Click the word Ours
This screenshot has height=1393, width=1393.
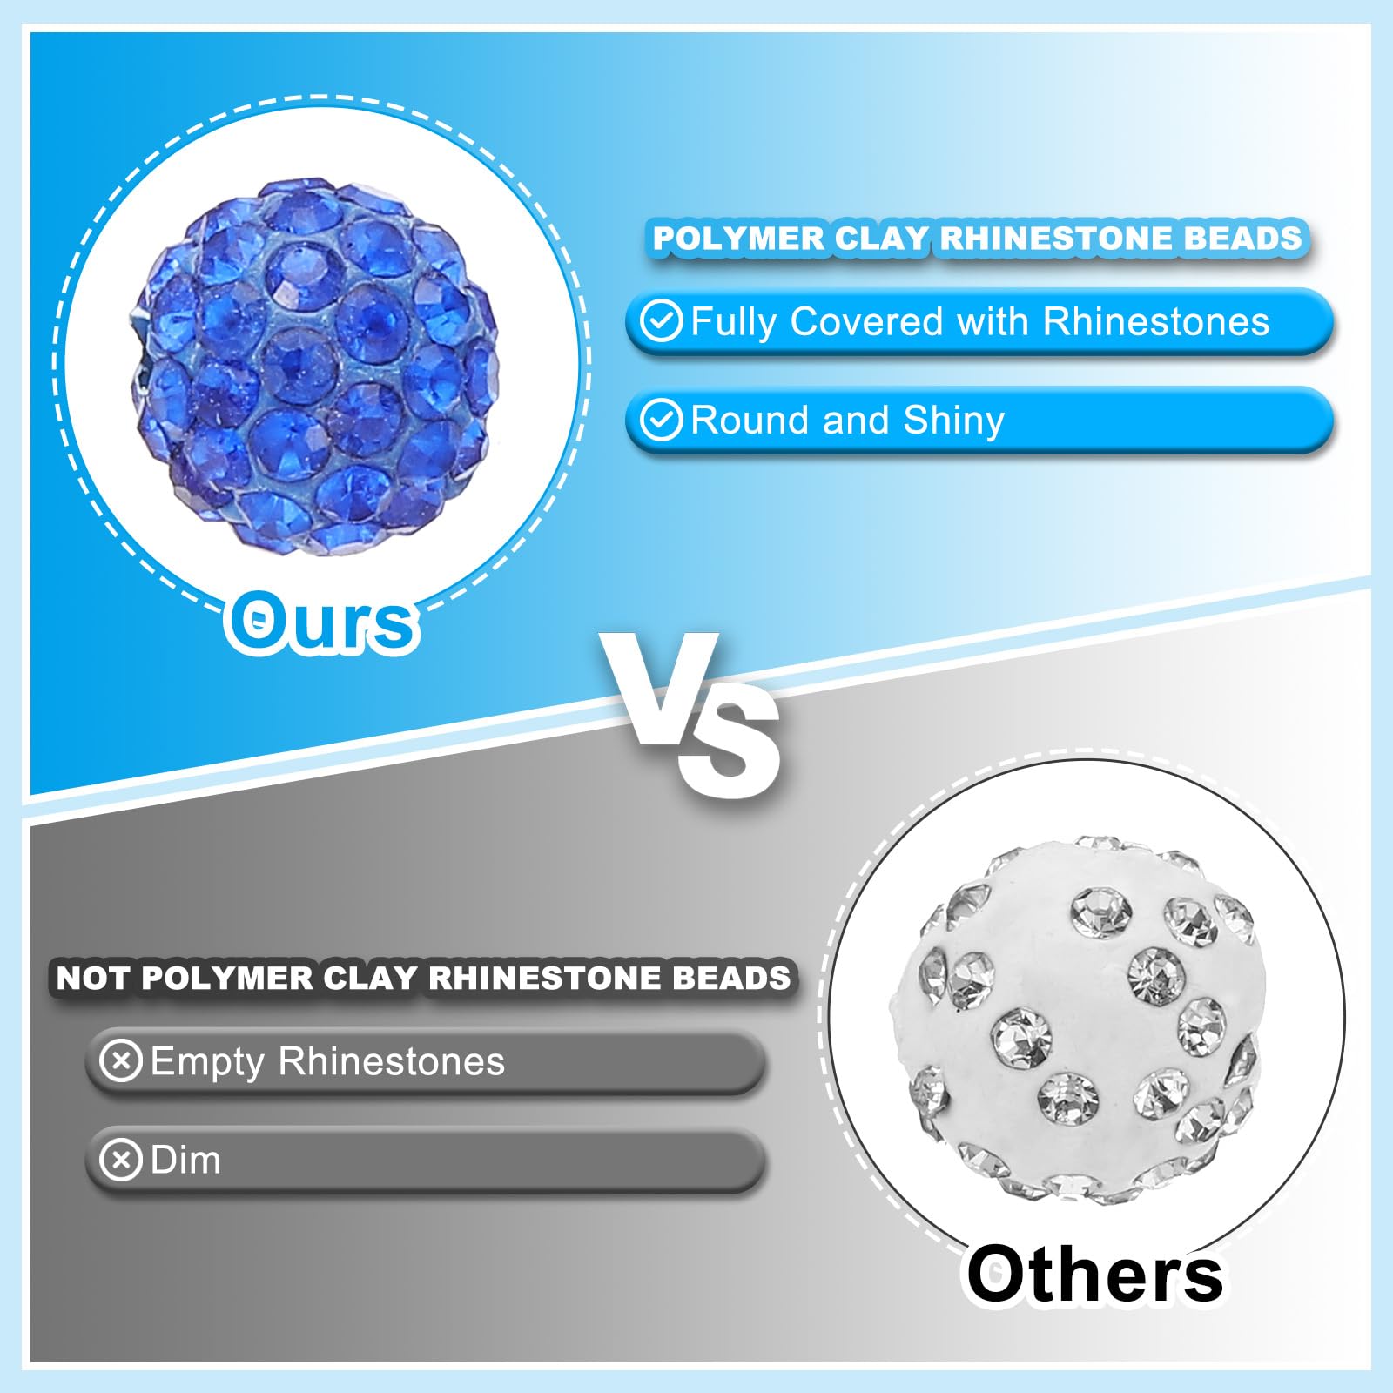click(321, 621)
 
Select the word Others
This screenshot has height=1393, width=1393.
click(1095, 1274)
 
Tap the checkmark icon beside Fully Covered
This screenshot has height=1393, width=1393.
click(661, 321)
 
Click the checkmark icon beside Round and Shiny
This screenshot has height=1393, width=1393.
click(661, 421)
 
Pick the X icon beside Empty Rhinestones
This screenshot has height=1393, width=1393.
click(121, 1061)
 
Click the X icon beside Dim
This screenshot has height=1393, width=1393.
click(121, 1160)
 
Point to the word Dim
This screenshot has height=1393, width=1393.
click(185, 1160)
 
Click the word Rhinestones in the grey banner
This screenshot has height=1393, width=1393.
click(392, 1061)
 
